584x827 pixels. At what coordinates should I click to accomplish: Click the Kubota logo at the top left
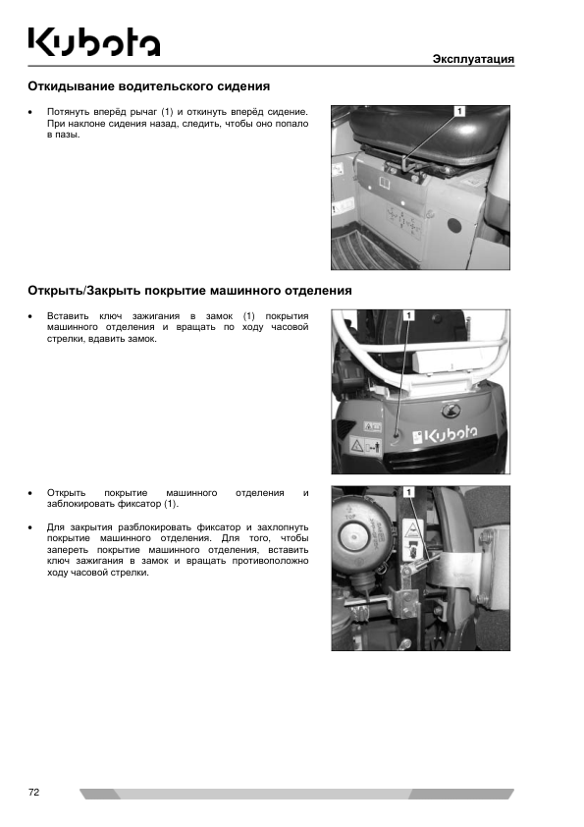[x=94, y=41]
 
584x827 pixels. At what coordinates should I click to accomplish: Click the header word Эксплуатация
[x=473, y=59]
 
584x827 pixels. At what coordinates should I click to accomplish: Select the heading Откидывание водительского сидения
[x=148, y=86]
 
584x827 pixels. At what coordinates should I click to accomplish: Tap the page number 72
[x=33, y=792]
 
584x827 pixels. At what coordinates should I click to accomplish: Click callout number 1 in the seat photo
[x=459, y=111]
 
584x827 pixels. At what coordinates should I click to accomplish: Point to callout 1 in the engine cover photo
[x=409, y=315]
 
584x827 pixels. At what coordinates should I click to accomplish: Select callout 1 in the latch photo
[x=409, y=492]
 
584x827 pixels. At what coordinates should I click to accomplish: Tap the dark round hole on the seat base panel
[x=454, y=226]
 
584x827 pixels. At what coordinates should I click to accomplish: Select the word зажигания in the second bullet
[x=155, y=316]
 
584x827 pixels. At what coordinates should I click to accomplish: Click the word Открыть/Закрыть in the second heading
[x=84, y=291]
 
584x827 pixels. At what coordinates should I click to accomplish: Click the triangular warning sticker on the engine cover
[x=357, y=446]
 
